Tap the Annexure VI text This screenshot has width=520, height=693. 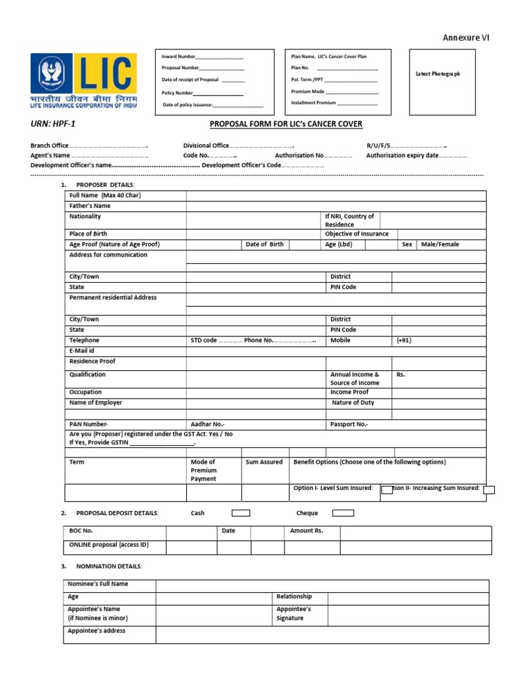pos(466,39)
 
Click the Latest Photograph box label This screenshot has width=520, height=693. pos(437,74)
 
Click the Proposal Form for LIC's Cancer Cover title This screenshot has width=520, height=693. pos(286,125)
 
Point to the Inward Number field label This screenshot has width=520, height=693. pos(178,57)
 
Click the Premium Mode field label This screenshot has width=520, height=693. pos(308,91)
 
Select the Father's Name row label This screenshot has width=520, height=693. pos(90,206)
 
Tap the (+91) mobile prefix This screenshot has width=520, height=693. pos(404,340)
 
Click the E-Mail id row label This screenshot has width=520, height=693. pos(82,351)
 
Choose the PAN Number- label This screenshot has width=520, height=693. pos(89,424)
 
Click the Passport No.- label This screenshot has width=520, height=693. pos(349,424)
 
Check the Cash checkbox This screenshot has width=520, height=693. pos(241,513)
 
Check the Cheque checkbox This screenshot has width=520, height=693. pos(343,513)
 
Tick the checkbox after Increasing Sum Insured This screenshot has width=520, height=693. pos(489,490)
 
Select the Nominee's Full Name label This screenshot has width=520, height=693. pos(97,584)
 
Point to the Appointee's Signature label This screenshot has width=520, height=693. pos(294,614)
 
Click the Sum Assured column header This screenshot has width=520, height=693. pos(264,462)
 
